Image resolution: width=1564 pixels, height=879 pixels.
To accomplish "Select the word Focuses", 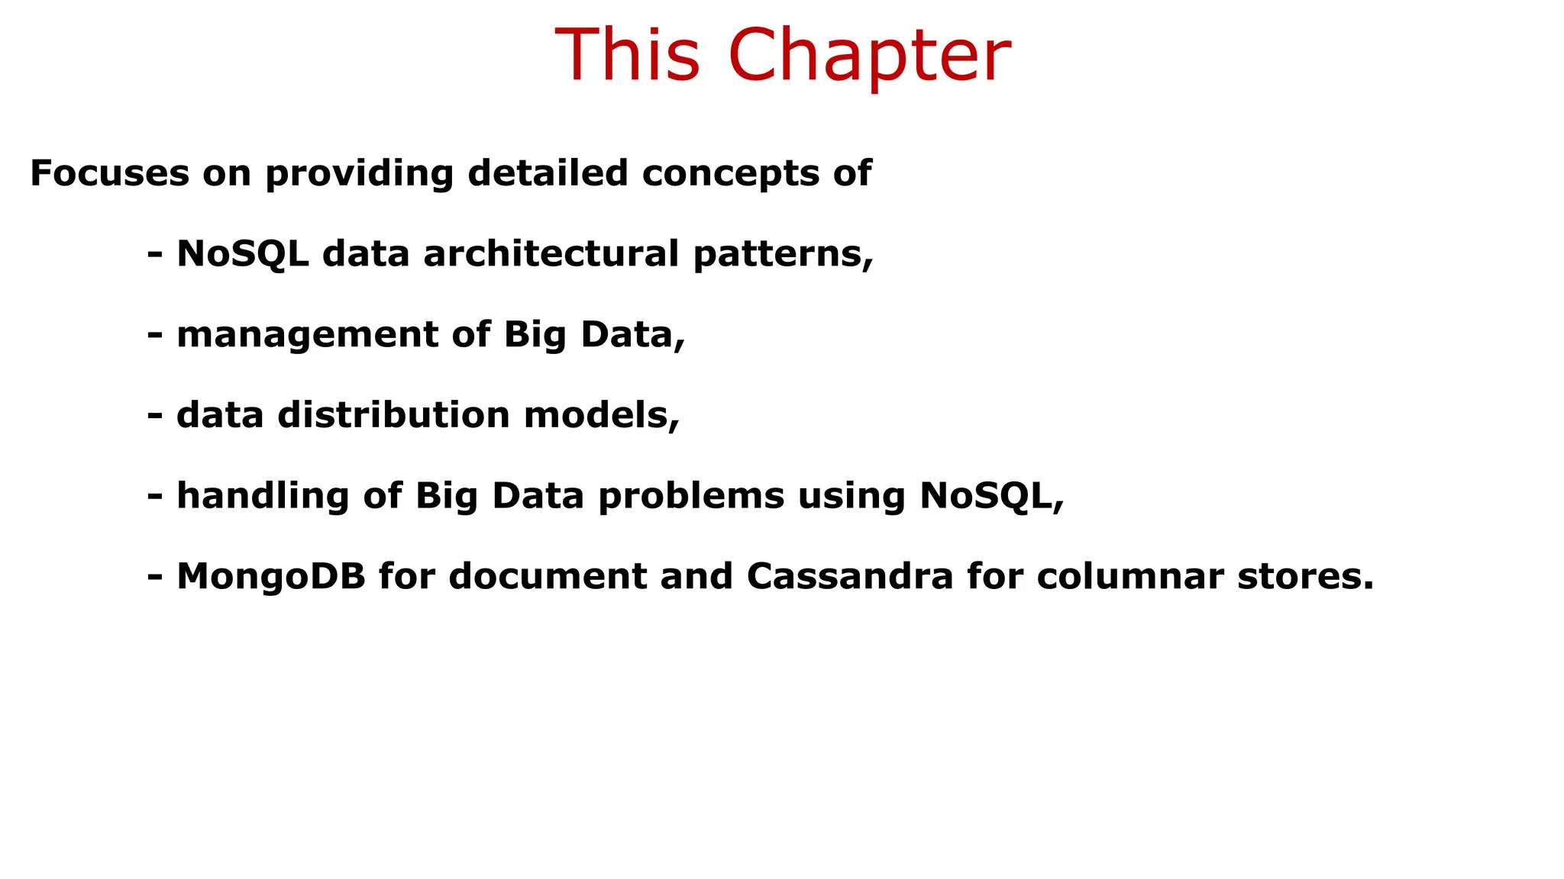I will point(109,173).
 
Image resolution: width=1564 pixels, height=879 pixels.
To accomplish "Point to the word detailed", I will point(548,173).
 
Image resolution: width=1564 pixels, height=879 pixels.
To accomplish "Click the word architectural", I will point(551,253).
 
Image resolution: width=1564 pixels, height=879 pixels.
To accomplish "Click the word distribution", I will point(394,415).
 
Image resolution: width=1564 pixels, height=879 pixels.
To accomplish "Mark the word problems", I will point(691,497).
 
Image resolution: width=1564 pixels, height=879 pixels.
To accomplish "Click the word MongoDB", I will point(271,577).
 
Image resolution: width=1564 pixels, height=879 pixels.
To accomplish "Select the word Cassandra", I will point(850,576).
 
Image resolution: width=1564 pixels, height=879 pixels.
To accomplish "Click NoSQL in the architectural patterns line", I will point(243,254).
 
